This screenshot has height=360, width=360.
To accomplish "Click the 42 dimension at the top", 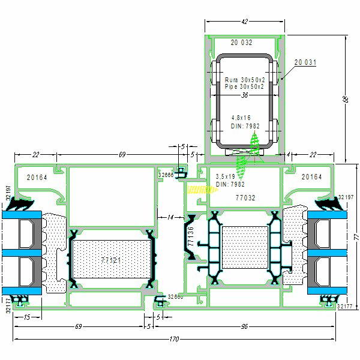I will (x=244, y=22).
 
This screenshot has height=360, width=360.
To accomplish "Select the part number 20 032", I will (x=242, y=43).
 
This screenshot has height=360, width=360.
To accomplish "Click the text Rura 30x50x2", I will (x=244, y=80).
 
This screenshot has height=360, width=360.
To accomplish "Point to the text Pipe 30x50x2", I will (x=244, y=87).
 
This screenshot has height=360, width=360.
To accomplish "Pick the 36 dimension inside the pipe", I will (x=244, y=95).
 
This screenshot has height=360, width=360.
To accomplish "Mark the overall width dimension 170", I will (x=174, y=340).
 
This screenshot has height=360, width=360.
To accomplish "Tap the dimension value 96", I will (x=244, y=326).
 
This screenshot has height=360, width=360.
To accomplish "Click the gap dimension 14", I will (x=170, y=217).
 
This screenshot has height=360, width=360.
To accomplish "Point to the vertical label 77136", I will (x=191, y=237).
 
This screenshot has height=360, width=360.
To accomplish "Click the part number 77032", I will (x=245, y=197).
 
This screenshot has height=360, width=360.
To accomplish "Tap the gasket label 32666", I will (x=166, y=175).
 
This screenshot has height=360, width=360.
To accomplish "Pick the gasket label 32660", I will (x=175, y=296).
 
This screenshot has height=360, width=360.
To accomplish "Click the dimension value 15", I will (x=27, y=317).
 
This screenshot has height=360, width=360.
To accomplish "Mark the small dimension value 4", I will (x=289, y=155).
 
